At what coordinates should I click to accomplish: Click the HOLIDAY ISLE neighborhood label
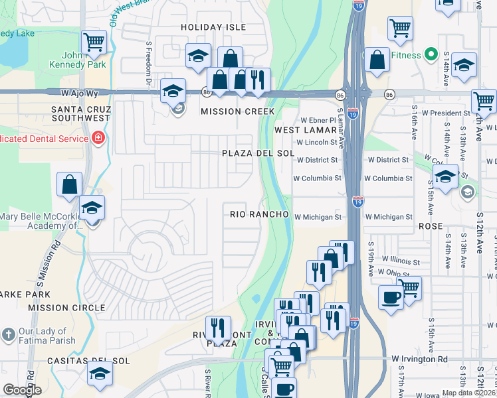click(213, 27)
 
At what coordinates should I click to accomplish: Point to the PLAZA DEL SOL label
click(258, 153)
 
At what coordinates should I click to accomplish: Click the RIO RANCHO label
click(259, 214)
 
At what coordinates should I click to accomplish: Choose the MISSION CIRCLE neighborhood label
click(67, 308)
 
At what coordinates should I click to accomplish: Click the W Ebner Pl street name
click(318, 120)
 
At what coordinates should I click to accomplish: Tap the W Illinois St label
click(401, 261)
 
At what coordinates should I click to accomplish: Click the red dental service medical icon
click(98, 139)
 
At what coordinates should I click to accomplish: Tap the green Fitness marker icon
click(430, 55)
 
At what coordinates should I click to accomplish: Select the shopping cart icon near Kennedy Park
click(94, 42)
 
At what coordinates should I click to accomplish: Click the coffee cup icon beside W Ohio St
click(390, 297)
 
